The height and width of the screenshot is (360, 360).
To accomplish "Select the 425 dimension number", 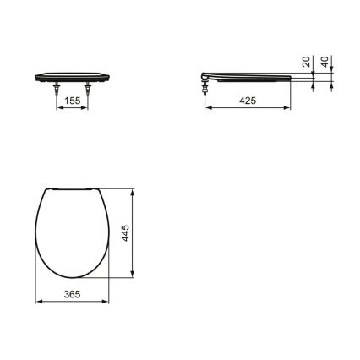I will pyautogui.click(x=248, y=100).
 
